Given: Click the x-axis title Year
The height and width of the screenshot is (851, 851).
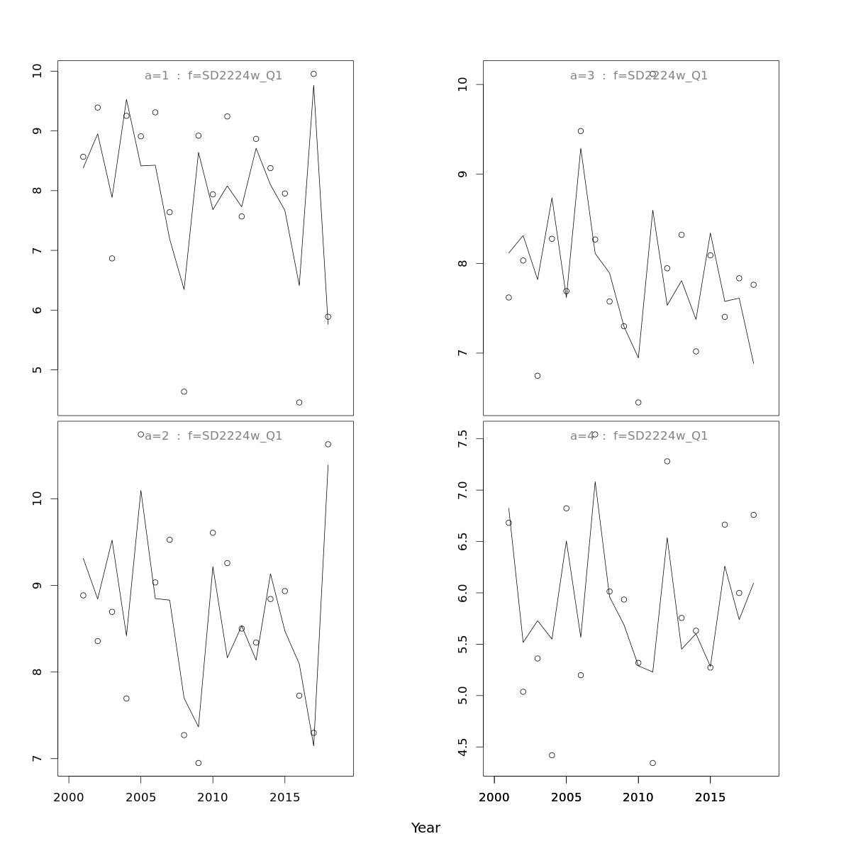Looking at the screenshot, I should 425,828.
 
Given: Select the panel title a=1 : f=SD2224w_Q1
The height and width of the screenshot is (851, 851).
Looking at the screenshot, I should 213,76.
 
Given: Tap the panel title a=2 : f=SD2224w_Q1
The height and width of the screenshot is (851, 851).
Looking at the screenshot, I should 213,436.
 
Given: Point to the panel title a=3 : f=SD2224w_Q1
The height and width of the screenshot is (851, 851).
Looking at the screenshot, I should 639,76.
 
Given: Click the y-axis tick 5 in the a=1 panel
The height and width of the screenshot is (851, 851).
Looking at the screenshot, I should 37,370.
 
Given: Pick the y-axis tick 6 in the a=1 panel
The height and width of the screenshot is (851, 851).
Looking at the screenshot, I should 37,310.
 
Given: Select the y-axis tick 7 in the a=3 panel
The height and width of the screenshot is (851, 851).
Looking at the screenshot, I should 462,353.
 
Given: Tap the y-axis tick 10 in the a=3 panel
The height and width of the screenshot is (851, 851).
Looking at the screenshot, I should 462,84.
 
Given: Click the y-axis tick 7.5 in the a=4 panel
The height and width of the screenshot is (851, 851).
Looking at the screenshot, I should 462,439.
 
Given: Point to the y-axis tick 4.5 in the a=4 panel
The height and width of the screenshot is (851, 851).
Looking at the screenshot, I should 462,747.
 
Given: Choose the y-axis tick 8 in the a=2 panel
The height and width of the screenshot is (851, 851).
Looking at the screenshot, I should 37,672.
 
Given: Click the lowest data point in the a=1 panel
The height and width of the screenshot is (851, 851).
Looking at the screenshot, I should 299,403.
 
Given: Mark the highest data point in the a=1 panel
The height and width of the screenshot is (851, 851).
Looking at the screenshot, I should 313,74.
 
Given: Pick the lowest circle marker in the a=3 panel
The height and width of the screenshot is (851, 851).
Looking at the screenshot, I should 638,403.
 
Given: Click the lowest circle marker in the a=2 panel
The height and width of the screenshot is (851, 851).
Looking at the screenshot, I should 199,763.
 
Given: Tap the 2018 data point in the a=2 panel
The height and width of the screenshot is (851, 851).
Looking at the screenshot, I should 328,445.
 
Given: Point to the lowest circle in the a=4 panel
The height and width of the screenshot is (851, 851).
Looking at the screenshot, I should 652,763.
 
